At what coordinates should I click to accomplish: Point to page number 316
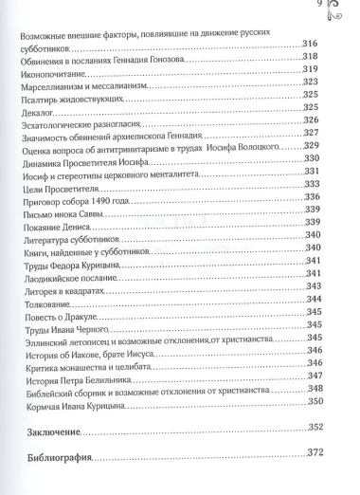tap(310, 45)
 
